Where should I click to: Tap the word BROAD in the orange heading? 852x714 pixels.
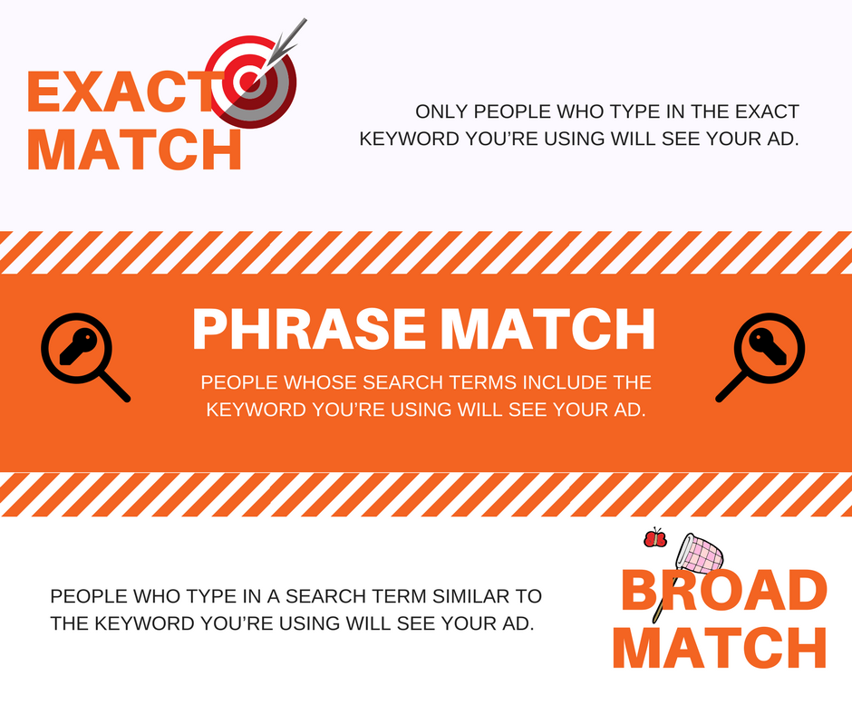(723, 591)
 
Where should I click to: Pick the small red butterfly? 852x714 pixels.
(654, 539)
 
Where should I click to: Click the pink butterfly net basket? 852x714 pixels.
(701, 552)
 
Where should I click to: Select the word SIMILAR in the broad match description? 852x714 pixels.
(450, 597)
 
